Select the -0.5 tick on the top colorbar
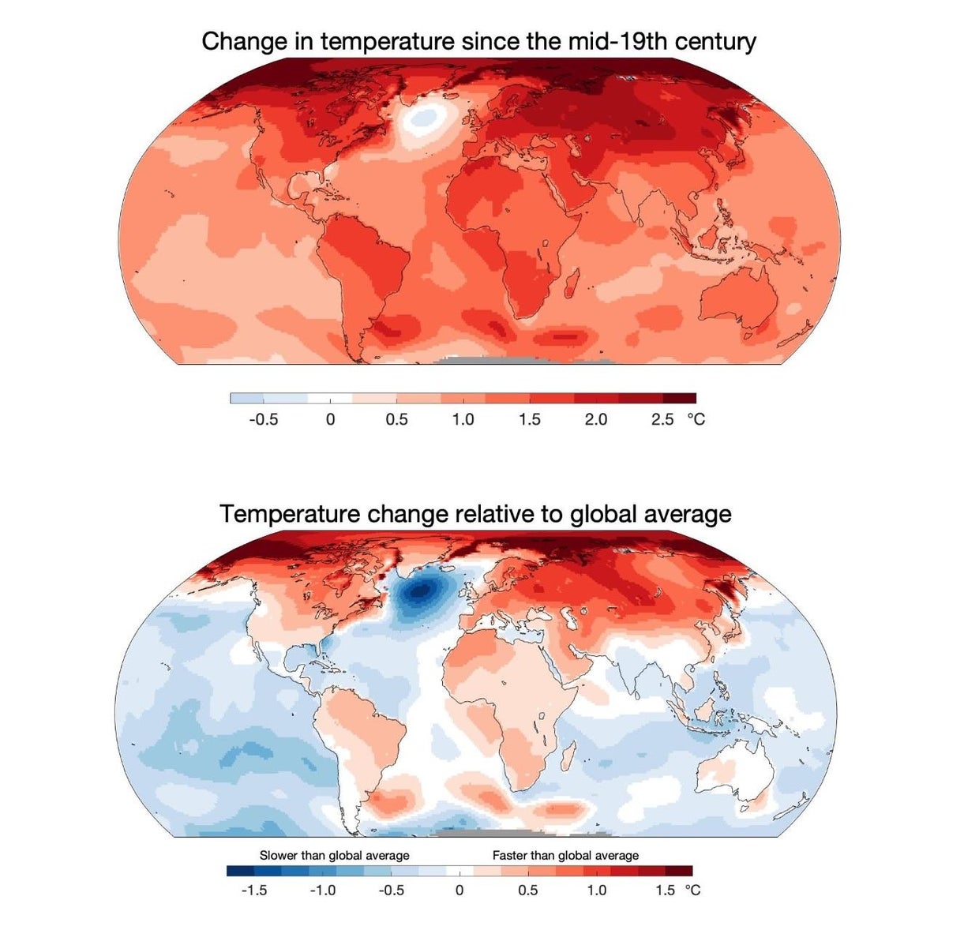click(x=264, y=419)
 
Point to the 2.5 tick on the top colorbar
click(x=662, y=419)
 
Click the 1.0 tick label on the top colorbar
click(x=463, y=419)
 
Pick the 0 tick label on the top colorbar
click(x=330, y=419)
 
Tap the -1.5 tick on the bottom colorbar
click(x=254, y=890)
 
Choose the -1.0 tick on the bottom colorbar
click(x=323, y=890)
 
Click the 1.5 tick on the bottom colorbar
click(x=665, y=890)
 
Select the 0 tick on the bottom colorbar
click(x=459, y=890)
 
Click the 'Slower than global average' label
click(x=335, y=855)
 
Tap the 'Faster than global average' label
click(x=565, y=855)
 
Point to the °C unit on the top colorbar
click(x=696, y=419)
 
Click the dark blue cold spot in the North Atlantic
click(x=421, y=590)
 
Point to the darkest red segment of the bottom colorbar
click(x=679, y=871)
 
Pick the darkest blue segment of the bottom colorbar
click(x=240, y=871)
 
